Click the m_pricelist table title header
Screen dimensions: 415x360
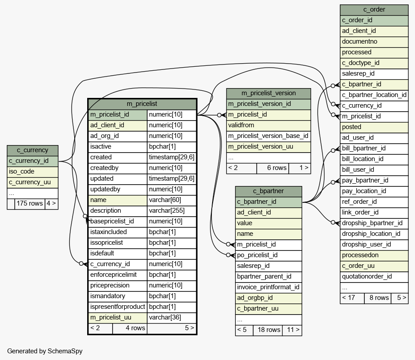[142, 104]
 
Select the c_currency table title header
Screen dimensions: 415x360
[32, 150]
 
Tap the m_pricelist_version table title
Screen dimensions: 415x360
[269, 93]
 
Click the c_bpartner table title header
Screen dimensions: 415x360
[268, 191]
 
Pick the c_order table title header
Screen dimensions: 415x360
[374, 10]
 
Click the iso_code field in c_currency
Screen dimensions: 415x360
[32, 172]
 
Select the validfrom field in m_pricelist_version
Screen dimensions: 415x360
[269, 125]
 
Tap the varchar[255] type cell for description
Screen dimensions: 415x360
[172, 211]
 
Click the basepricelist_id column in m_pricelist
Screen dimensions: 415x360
[117, 221]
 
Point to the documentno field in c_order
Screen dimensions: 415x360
[374, 42]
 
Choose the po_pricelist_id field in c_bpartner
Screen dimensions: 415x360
[268, 255]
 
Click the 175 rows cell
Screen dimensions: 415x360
[30, 203]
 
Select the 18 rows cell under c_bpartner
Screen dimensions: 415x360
[268, 330]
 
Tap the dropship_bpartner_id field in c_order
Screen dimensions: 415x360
[374, 223]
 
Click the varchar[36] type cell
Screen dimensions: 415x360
[172, 317]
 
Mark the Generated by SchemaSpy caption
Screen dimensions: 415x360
[45, 351]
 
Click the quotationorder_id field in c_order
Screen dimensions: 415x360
[374, 277]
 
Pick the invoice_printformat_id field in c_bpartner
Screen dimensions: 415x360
[268, 287]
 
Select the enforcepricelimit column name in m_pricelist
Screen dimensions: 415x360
[117, 275]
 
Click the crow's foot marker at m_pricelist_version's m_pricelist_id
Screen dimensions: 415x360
[224, 115]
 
